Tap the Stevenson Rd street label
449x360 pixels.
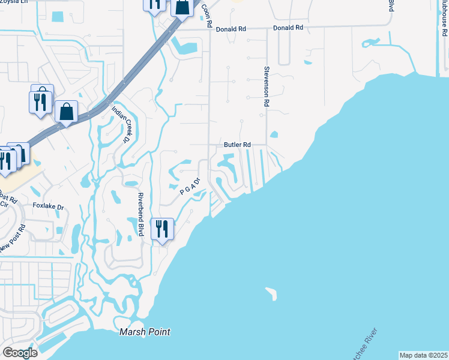tap(265, 86)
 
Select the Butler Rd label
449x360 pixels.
tap(237, 145)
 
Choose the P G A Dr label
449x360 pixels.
tap(189, 185)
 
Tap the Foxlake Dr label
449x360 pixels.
tap(48, 206)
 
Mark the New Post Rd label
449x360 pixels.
tap(13, 238)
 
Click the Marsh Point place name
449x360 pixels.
tap(144, 332)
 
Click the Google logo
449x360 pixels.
tap(20, 353)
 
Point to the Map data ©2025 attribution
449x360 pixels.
tap(423, 355)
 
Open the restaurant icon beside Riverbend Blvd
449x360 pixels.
tap(162, 229)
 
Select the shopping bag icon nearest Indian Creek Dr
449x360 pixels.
tap(66, 111)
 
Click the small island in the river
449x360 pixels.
tap(271, 293)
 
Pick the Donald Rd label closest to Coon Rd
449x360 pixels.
tap(231, 28)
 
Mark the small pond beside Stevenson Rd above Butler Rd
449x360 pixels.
tap(274, 134)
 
